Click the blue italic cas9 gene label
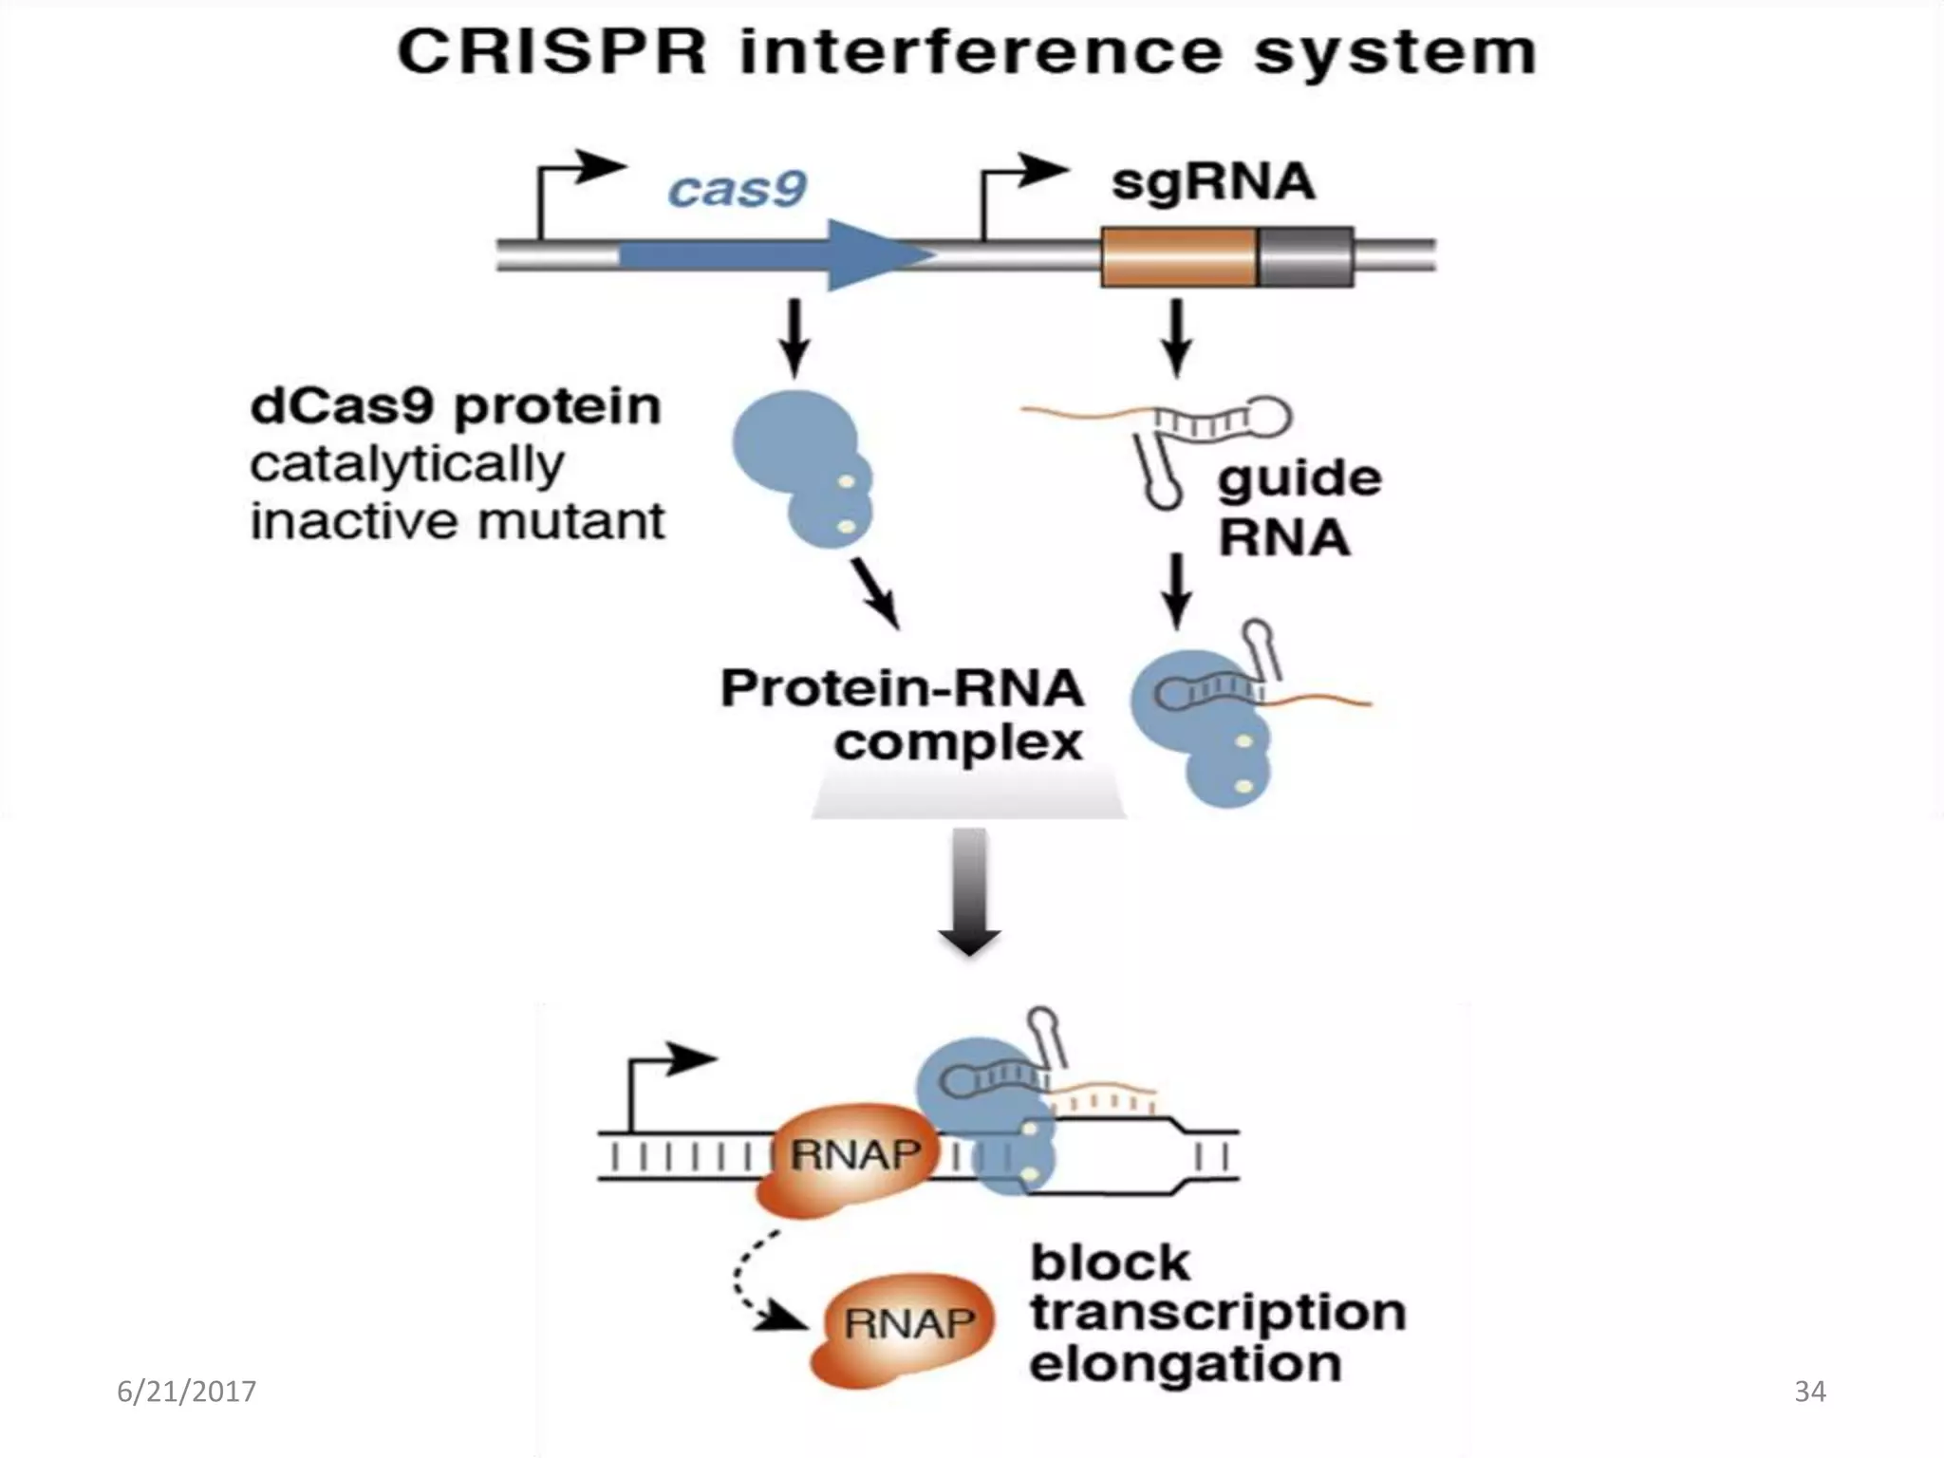pyautogui.click(x=737, y=189)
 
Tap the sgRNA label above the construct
pyautogui.click(x=1213, y=181)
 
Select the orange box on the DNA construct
pyautogui.click(x=1179, y=256)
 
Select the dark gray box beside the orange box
pyautogui.click(x=1306, y=256)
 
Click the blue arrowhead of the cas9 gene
pyautogui.click(x=878, y=254)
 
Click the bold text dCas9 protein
pyautogui.click(x=456, y=406)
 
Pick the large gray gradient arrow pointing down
pyautogui.click(x=969, y=892)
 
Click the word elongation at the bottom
pyautogui.click(x=1185, y=1365)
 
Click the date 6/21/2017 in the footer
pyautogui.click(x=186, y=1392)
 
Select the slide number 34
pyautogui.click(x=1809, y=1392)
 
